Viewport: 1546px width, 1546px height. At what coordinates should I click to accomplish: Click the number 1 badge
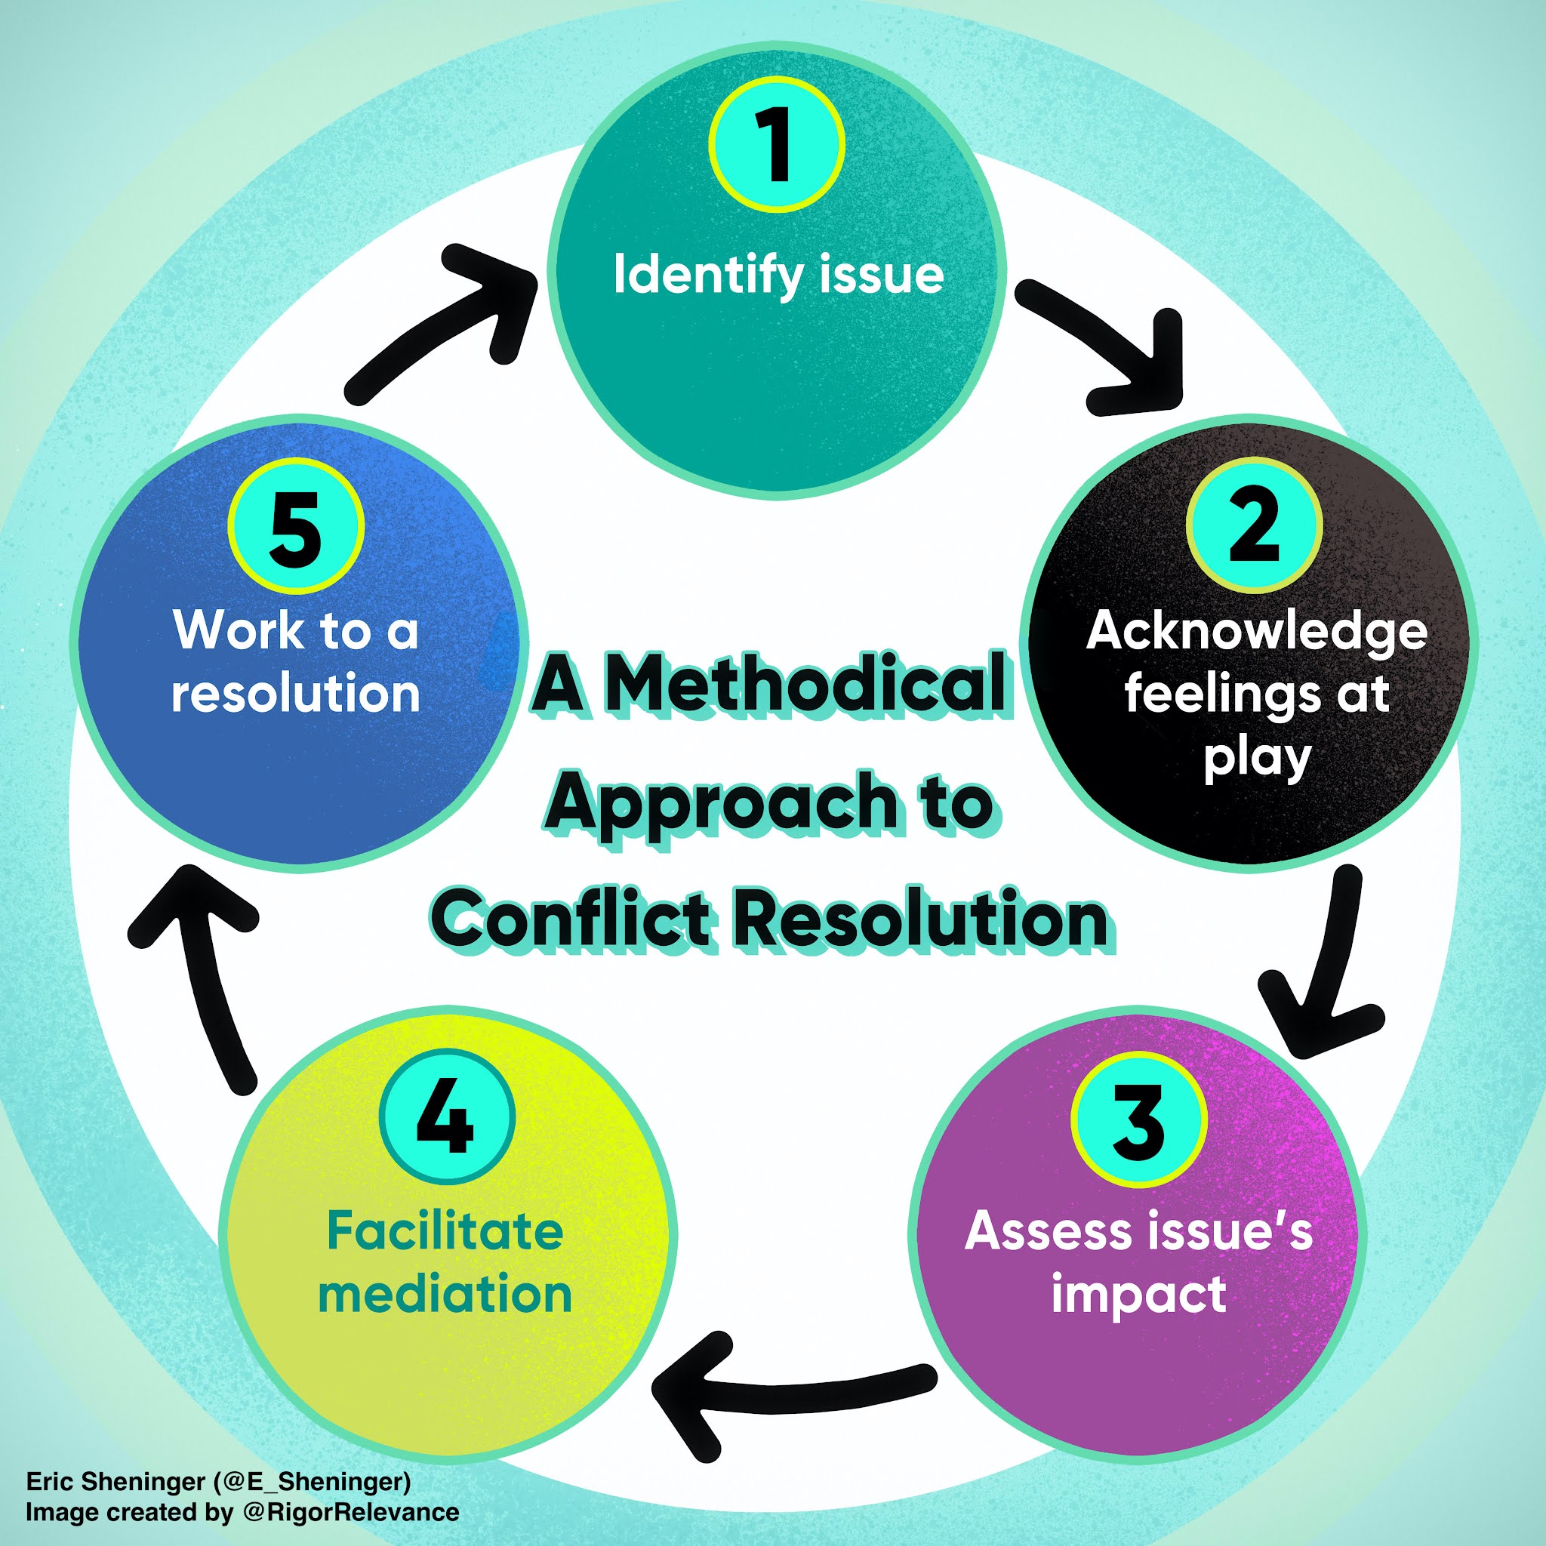pyautogui.click(x=776, y=145)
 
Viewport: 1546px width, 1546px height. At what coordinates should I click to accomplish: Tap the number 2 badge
pyautogui.click(x=1254, y=525)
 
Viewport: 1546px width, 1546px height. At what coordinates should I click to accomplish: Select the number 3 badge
pyautogui.click(x=1138, y=1120)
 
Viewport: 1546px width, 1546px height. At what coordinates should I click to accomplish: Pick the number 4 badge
pyautogui.click(x=445, y=1116)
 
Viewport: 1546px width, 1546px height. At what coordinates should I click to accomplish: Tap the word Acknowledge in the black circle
pyautogui.click(x=1256, y=631)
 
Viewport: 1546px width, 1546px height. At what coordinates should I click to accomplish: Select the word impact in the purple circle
pyautogui.click(x=1138, y=1294)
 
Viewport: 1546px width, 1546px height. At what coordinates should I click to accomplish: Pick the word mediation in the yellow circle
pyautogui.click(x=445, y=1294)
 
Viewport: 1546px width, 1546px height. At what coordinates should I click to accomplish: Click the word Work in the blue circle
pyautogui.click(x=238, y=631)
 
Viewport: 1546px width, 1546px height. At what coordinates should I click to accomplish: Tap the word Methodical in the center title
pyautogui.click(x=803, y=685)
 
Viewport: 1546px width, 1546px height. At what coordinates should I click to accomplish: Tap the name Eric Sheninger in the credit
pyautogui.click(x=115, y=1481)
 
